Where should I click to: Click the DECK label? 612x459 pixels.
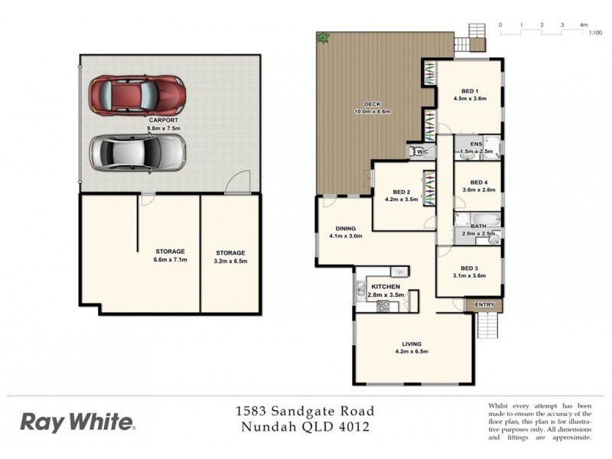click(x=373, y=108)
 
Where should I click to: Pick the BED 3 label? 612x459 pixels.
click(x=470, y=272)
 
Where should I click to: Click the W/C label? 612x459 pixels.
click(x=422, y=152)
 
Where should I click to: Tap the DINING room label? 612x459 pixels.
click(x=345, y=232)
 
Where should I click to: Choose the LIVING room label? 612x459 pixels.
click(x=412, y=347)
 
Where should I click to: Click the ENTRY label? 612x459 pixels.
click(x=485, y=304)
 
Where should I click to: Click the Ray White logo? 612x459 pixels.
click(x=78, y=421)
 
